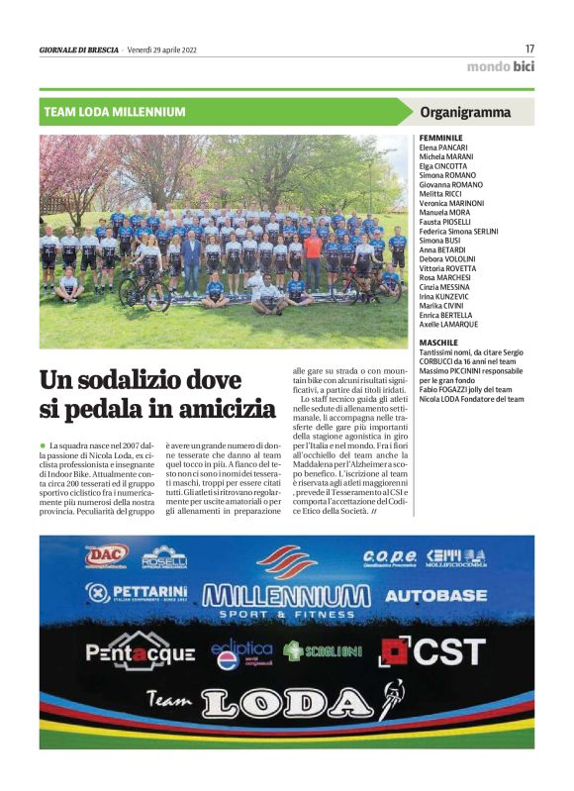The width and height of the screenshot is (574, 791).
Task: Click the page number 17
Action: pos(529,49)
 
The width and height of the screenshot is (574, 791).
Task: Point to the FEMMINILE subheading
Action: pos(441,138)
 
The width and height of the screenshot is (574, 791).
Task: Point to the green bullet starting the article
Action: pos(43,447)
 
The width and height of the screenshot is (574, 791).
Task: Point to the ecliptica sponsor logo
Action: pos(241,652)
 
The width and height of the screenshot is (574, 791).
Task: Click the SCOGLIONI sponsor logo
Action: pos(323,651)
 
